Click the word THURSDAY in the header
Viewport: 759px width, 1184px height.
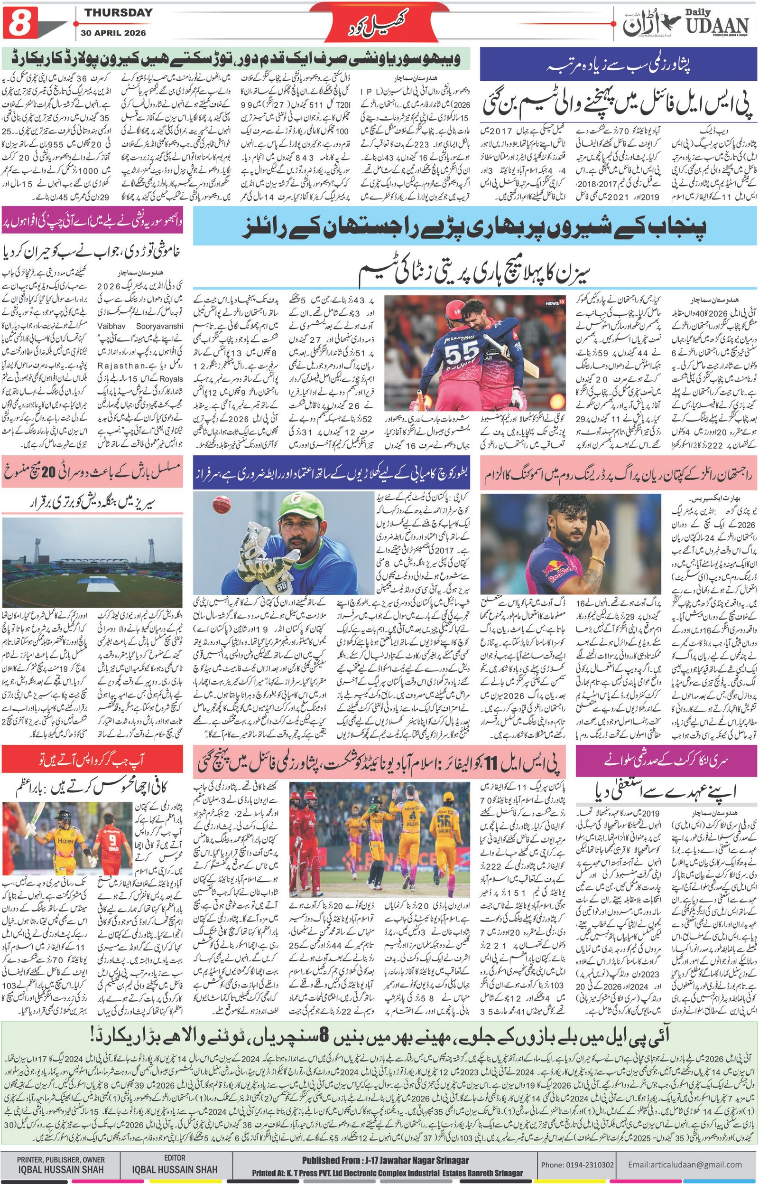pos(118,13)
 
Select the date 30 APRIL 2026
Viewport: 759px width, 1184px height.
pos(118,33)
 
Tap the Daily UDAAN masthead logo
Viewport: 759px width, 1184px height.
pos(685,23)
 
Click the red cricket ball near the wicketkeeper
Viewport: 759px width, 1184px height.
pos(220,505)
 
